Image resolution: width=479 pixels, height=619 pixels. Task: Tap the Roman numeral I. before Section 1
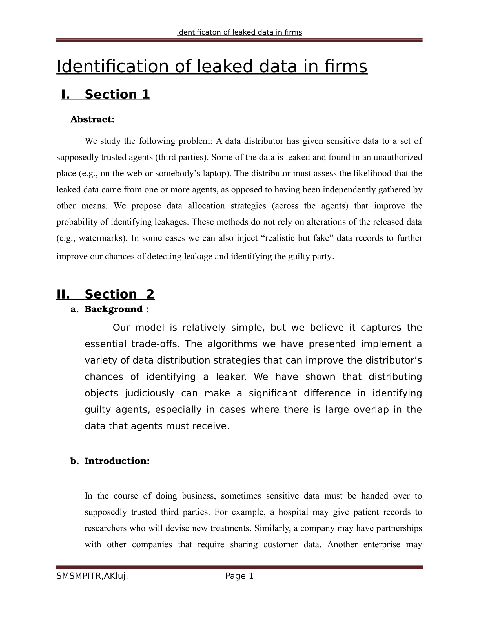(66, 95)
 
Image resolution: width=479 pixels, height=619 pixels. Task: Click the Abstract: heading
(92, 120)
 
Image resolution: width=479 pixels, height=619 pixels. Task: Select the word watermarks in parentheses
(102, 238)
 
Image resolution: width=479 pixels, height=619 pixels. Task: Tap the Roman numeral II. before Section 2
(63, 294)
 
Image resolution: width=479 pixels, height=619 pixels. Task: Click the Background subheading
(114, 309)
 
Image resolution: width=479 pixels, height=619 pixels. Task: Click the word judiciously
(150, 393)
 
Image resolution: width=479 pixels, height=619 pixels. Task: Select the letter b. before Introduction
(74, 461)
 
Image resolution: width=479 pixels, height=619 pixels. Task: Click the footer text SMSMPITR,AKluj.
(92, 576)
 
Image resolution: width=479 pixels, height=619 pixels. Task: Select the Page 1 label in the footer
(239, 576)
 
